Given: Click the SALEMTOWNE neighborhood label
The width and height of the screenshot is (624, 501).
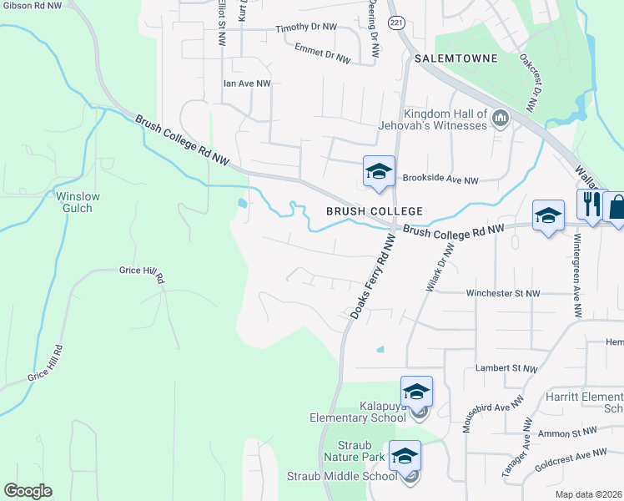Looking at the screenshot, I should (455, 58).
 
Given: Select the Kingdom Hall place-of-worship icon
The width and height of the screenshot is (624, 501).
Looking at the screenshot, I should (501, 118).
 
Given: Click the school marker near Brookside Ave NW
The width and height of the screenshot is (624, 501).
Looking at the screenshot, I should (378, 173).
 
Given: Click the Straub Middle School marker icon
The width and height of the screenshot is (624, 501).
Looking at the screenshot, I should (405, 456).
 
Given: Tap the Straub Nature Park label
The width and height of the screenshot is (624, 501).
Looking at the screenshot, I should (349, 451).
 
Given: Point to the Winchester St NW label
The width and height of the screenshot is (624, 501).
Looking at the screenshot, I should (503, 293).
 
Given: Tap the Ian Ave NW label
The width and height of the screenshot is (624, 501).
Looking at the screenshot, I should (247, 83).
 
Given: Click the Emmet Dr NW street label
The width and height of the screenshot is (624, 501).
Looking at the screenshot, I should (321, 53).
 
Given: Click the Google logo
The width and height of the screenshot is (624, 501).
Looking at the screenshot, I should (28, 491).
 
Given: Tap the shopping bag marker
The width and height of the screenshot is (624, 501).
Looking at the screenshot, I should (616, 207).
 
